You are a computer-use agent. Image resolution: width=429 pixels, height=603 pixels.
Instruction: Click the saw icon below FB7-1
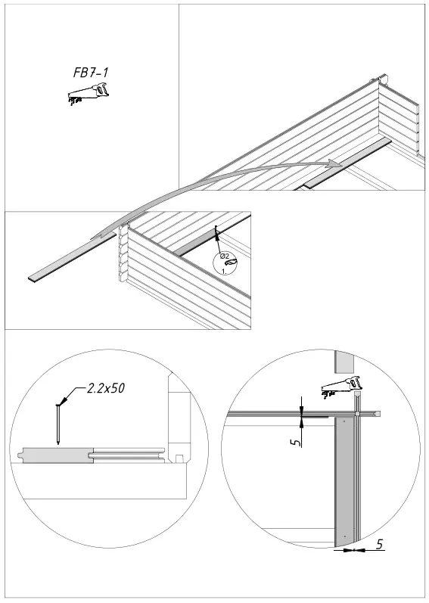point(88,95)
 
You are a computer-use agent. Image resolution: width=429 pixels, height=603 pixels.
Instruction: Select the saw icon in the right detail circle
point(342,386)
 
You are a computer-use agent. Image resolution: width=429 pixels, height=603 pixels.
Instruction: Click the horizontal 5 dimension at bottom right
point(379,542)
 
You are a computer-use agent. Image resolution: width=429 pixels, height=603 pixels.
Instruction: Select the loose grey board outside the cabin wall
point(72,257)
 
